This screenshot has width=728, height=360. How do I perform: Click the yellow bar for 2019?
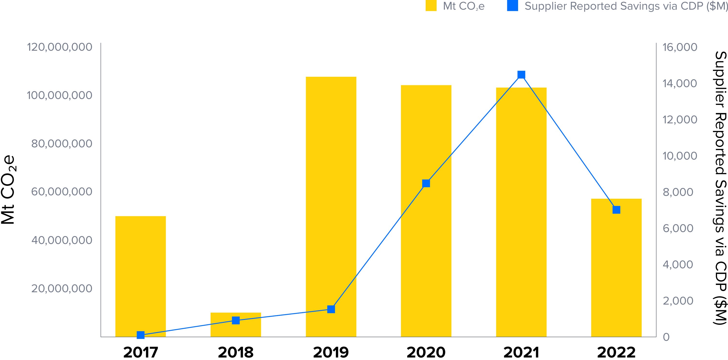click(x=331, y=206)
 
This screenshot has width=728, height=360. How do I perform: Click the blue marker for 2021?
click(x=521, y=75)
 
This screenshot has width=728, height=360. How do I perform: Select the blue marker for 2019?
click(x=331, y=309)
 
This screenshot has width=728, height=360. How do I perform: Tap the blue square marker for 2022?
click(x=616, y=210)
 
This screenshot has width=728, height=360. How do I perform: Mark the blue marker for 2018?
click(x=236, y=320)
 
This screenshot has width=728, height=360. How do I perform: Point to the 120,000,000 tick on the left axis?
click(x=59, y=47)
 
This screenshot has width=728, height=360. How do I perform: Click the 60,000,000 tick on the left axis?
click(x=62, y=192)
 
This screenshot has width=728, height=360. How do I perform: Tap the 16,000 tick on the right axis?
click(x=680, y=47)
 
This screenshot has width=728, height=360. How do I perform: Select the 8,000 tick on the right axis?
click(x=678, y=192)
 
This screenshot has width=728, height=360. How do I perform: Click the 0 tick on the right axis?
click(x=666, y=337)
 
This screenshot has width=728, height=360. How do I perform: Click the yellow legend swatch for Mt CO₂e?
click(x=431, y=6)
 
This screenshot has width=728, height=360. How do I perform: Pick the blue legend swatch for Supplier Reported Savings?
click(x=512, y=6)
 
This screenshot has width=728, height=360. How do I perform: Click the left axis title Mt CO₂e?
click(x=8, y=189)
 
